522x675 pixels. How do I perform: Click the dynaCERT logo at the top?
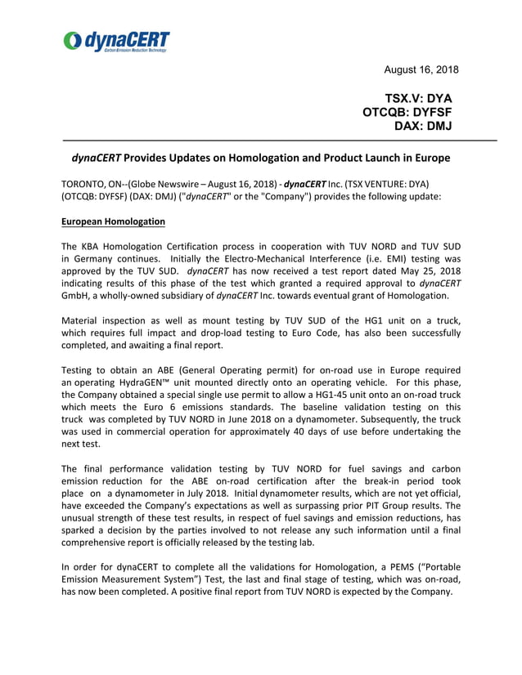coord(117,42)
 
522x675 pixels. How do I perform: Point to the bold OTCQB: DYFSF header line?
coord(407,112)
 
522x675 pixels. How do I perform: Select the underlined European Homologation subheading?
coord(113,221)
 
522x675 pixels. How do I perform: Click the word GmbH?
coord(76,295)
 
